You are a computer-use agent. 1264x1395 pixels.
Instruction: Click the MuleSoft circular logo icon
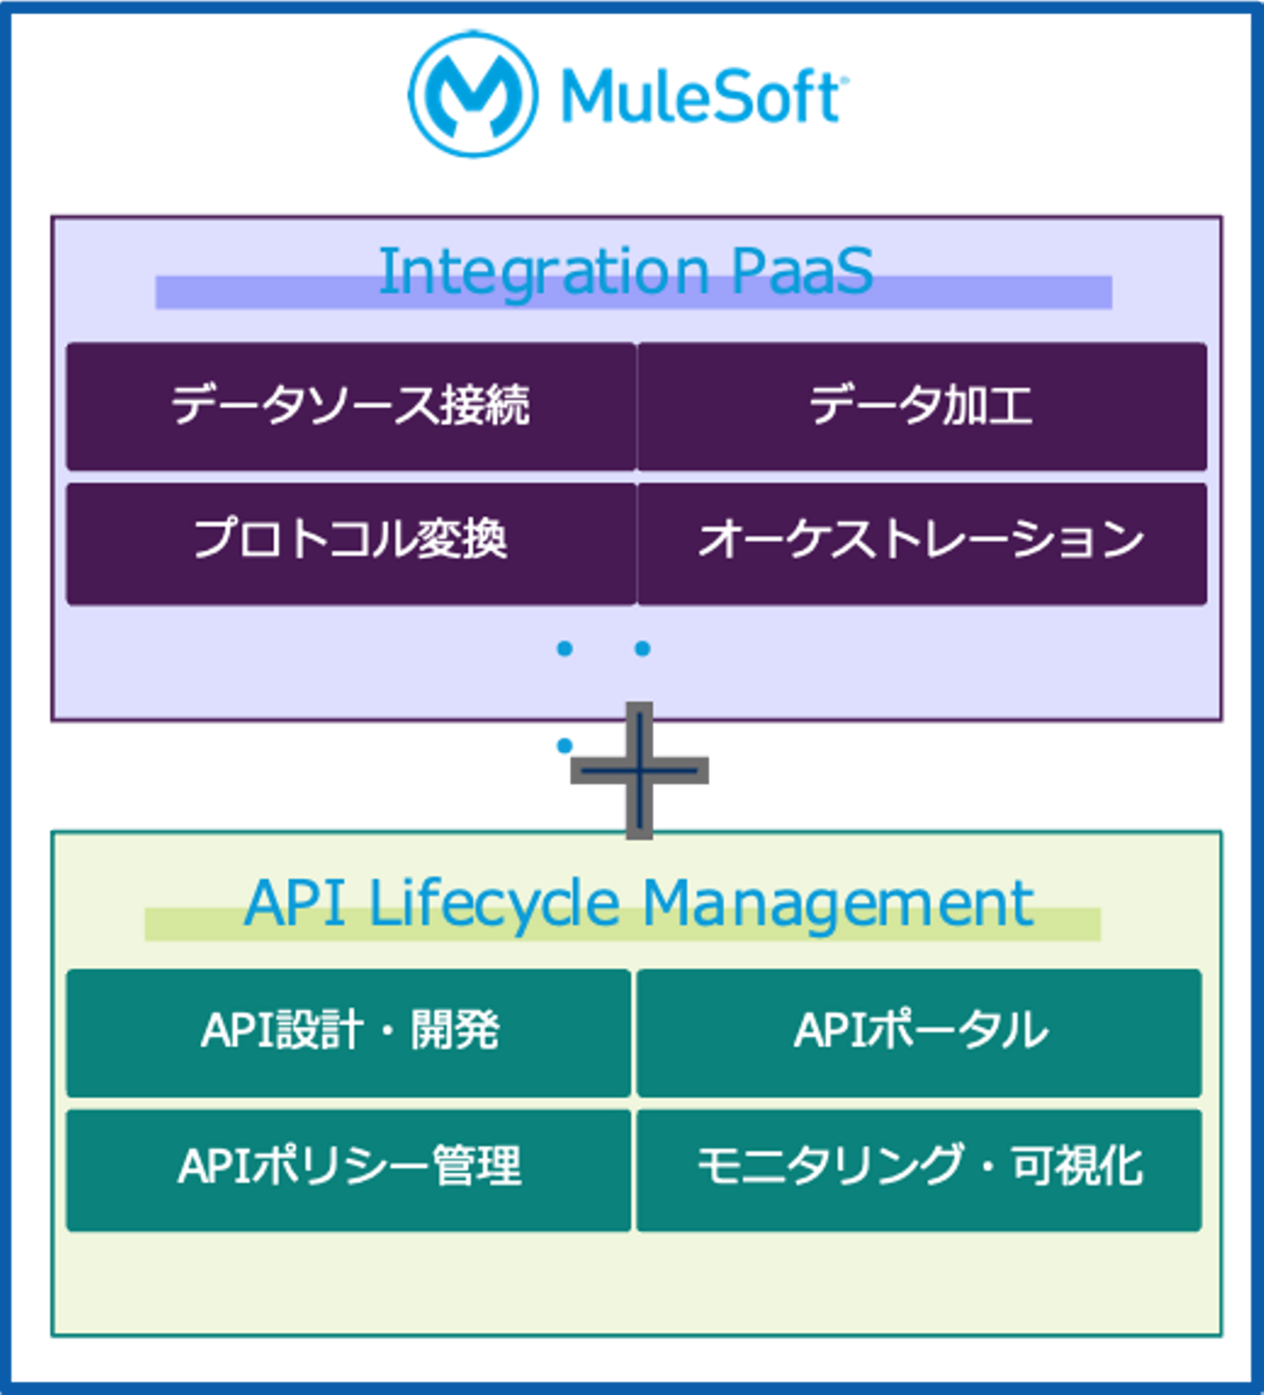click(x=471, y=93)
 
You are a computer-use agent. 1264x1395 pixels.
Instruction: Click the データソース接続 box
click(x=351, y=406)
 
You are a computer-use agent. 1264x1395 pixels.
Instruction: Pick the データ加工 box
click(x=922, y=406)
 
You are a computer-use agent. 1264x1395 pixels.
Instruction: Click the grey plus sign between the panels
click(x=640, y=770)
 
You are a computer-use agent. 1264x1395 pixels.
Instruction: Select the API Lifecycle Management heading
click(x=638, y=904)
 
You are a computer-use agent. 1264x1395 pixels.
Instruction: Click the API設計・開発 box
click(x=348, y=1032)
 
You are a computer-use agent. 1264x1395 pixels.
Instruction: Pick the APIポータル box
click(x=919, y=1032)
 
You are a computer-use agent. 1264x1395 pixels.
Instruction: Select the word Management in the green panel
click(x=838, y=904)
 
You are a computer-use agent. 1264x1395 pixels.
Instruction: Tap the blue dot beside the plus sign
click(x=564, y=746)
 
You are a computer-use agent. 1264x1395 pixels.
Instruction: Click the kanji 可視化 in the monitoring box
click(x=1077, y=1167)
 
